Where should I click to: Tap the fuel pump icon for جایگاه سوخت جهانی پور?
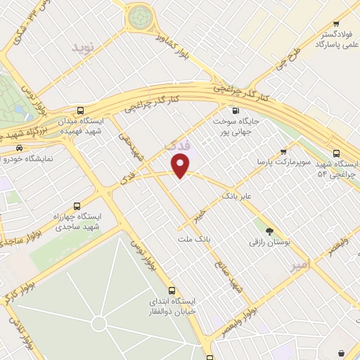tap(235, 110)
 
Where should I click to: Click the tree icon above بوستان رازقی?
tap(269, 231)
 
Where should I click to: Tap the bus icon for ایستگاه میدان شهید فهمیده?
tap(81, 110)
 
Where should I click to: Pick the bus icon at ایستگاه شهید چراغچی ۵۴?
tap(336, 153)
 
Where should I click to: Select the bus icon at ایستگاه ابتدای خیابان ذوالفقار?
tap(172, 290)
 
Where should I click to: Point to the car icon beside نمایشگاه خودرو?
tap(19, 148)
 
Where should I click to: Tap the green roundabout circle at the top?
tap(141, 15)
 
